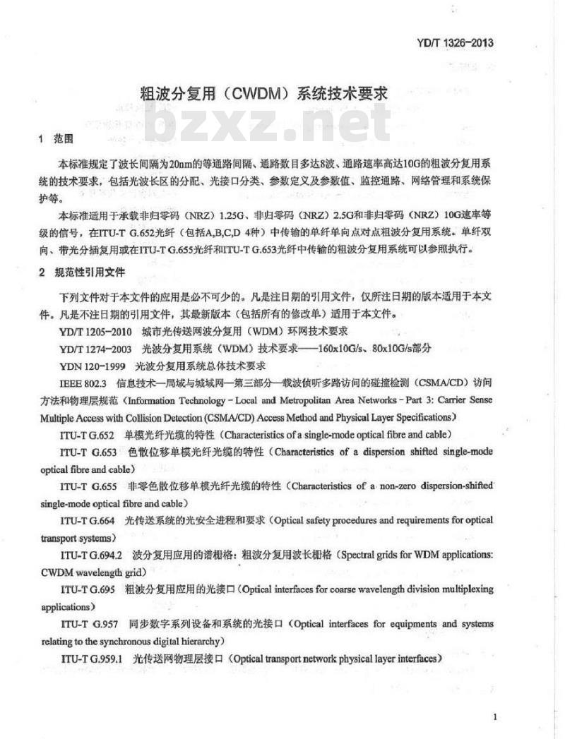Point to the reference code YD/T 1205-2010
[x=97, y=331]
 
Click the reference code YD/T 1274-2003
[x=97, y=349]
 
